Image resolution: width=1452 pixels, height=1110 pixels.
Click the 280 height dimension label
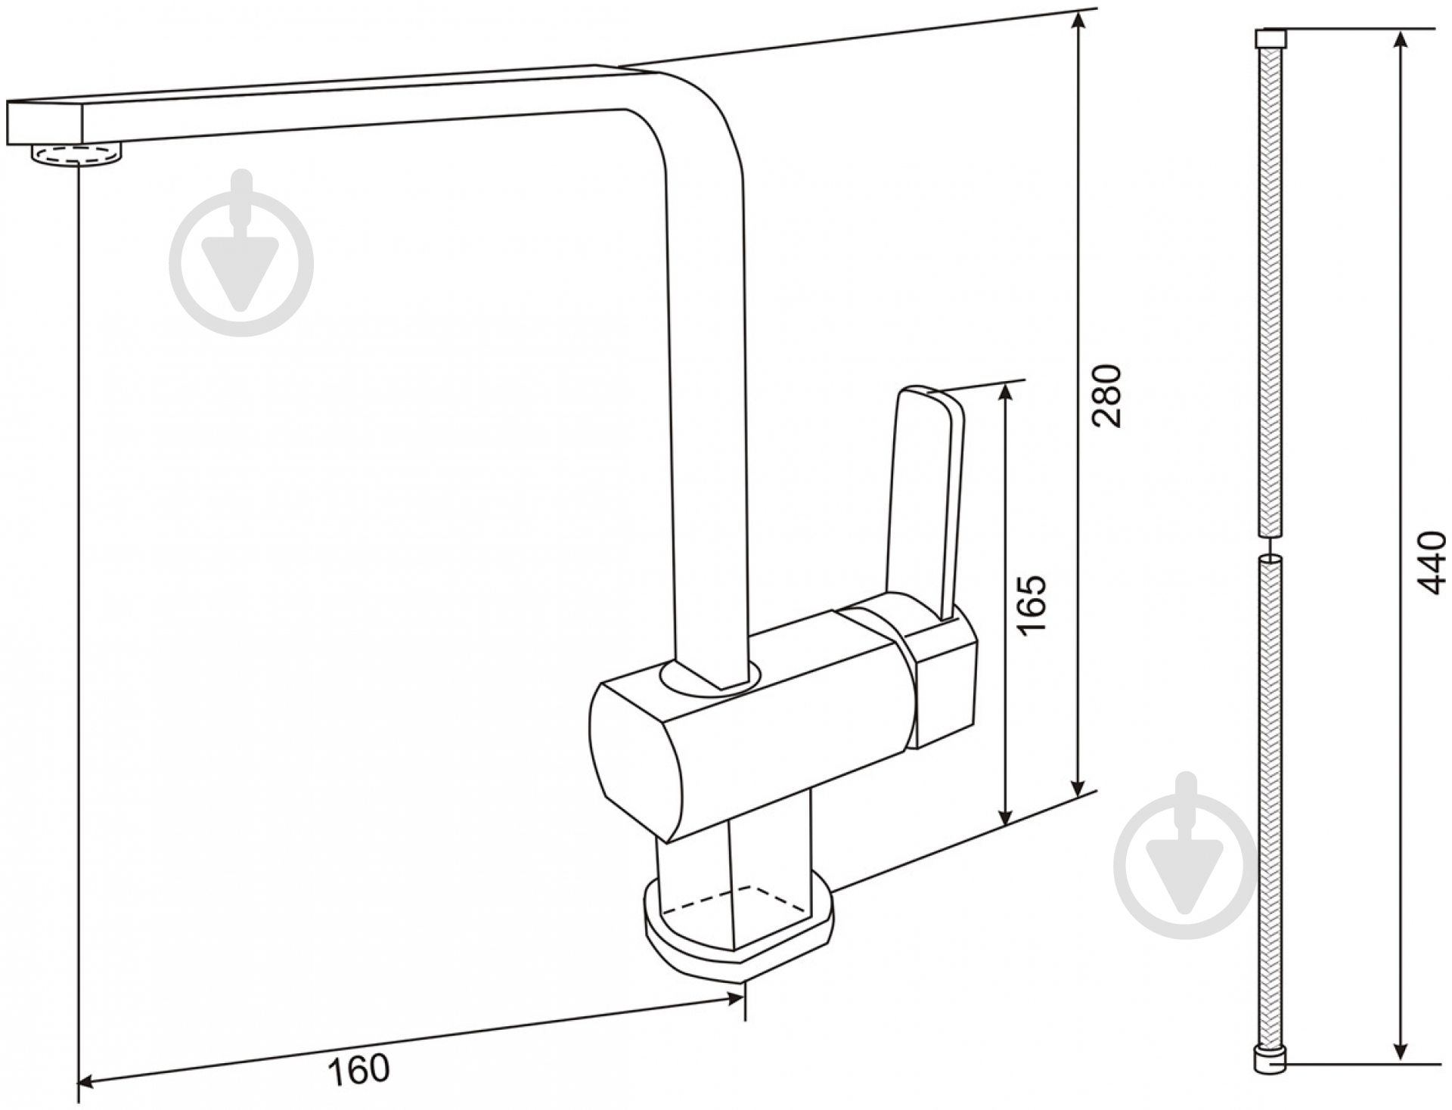tap(1107, 395)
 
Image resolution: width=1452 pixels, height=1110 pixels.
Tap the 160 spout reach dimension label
tap(358, 1069)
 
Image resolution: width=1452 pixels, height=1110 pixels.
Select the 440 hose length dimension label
tap(1431, 563)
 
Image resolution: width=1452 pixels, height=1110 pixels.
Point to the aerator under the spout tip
tap(76, 155)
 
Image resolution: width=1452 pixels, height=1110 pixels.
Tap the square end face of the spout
tap(44, 122)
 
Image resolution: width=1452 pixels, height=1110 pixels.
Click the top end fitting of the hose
tap(1271, 39)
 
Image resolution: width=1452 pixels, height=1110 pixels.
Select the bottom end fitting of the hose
tap(1270, 1059)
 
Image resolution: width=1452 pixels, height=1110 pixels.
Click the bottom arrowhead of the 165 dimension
tap(1005, 814)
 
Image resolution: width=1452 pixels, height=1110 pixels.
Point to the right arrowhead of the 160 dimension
tap(733, 1000)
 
